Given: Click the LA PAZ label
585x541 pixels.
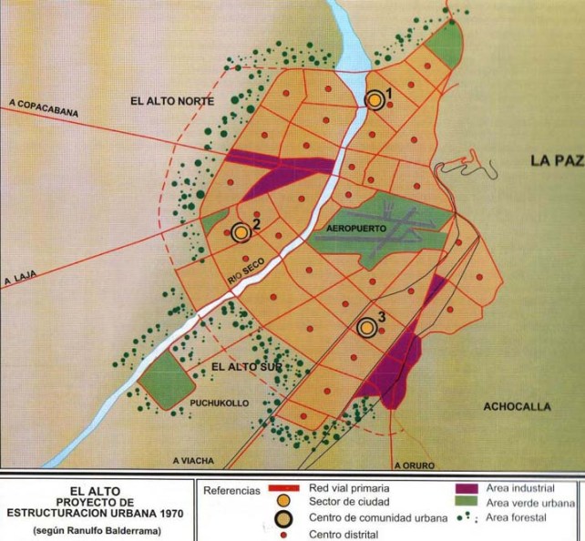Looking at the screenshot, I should pyautogui.click(x=555, y=161).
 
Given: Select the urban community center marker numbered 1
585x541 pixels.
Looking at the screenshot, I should pyautogui.click(x=375, y=99).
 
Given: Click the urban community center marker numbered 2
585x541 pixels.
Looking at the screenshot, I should pyautogui.click(x=241, y=232).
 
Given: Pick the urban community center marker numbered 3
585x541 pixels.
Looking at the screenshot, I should pyautogui.click(x=367, y=327).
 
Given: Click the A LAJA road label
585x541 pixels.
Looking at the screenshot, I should pyautogui.click(x=19, y=281).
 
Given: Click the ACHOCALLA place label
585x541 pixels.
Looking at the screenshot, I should pyautogui.click(x=518, y=407).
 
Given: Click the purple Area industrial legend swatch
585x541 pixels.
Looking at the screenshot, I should pyautogui.click(x=468, y=488).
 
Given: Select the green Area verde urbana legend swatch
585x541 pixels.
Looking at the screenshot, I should pyautogui.click(x=468, y=503).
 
